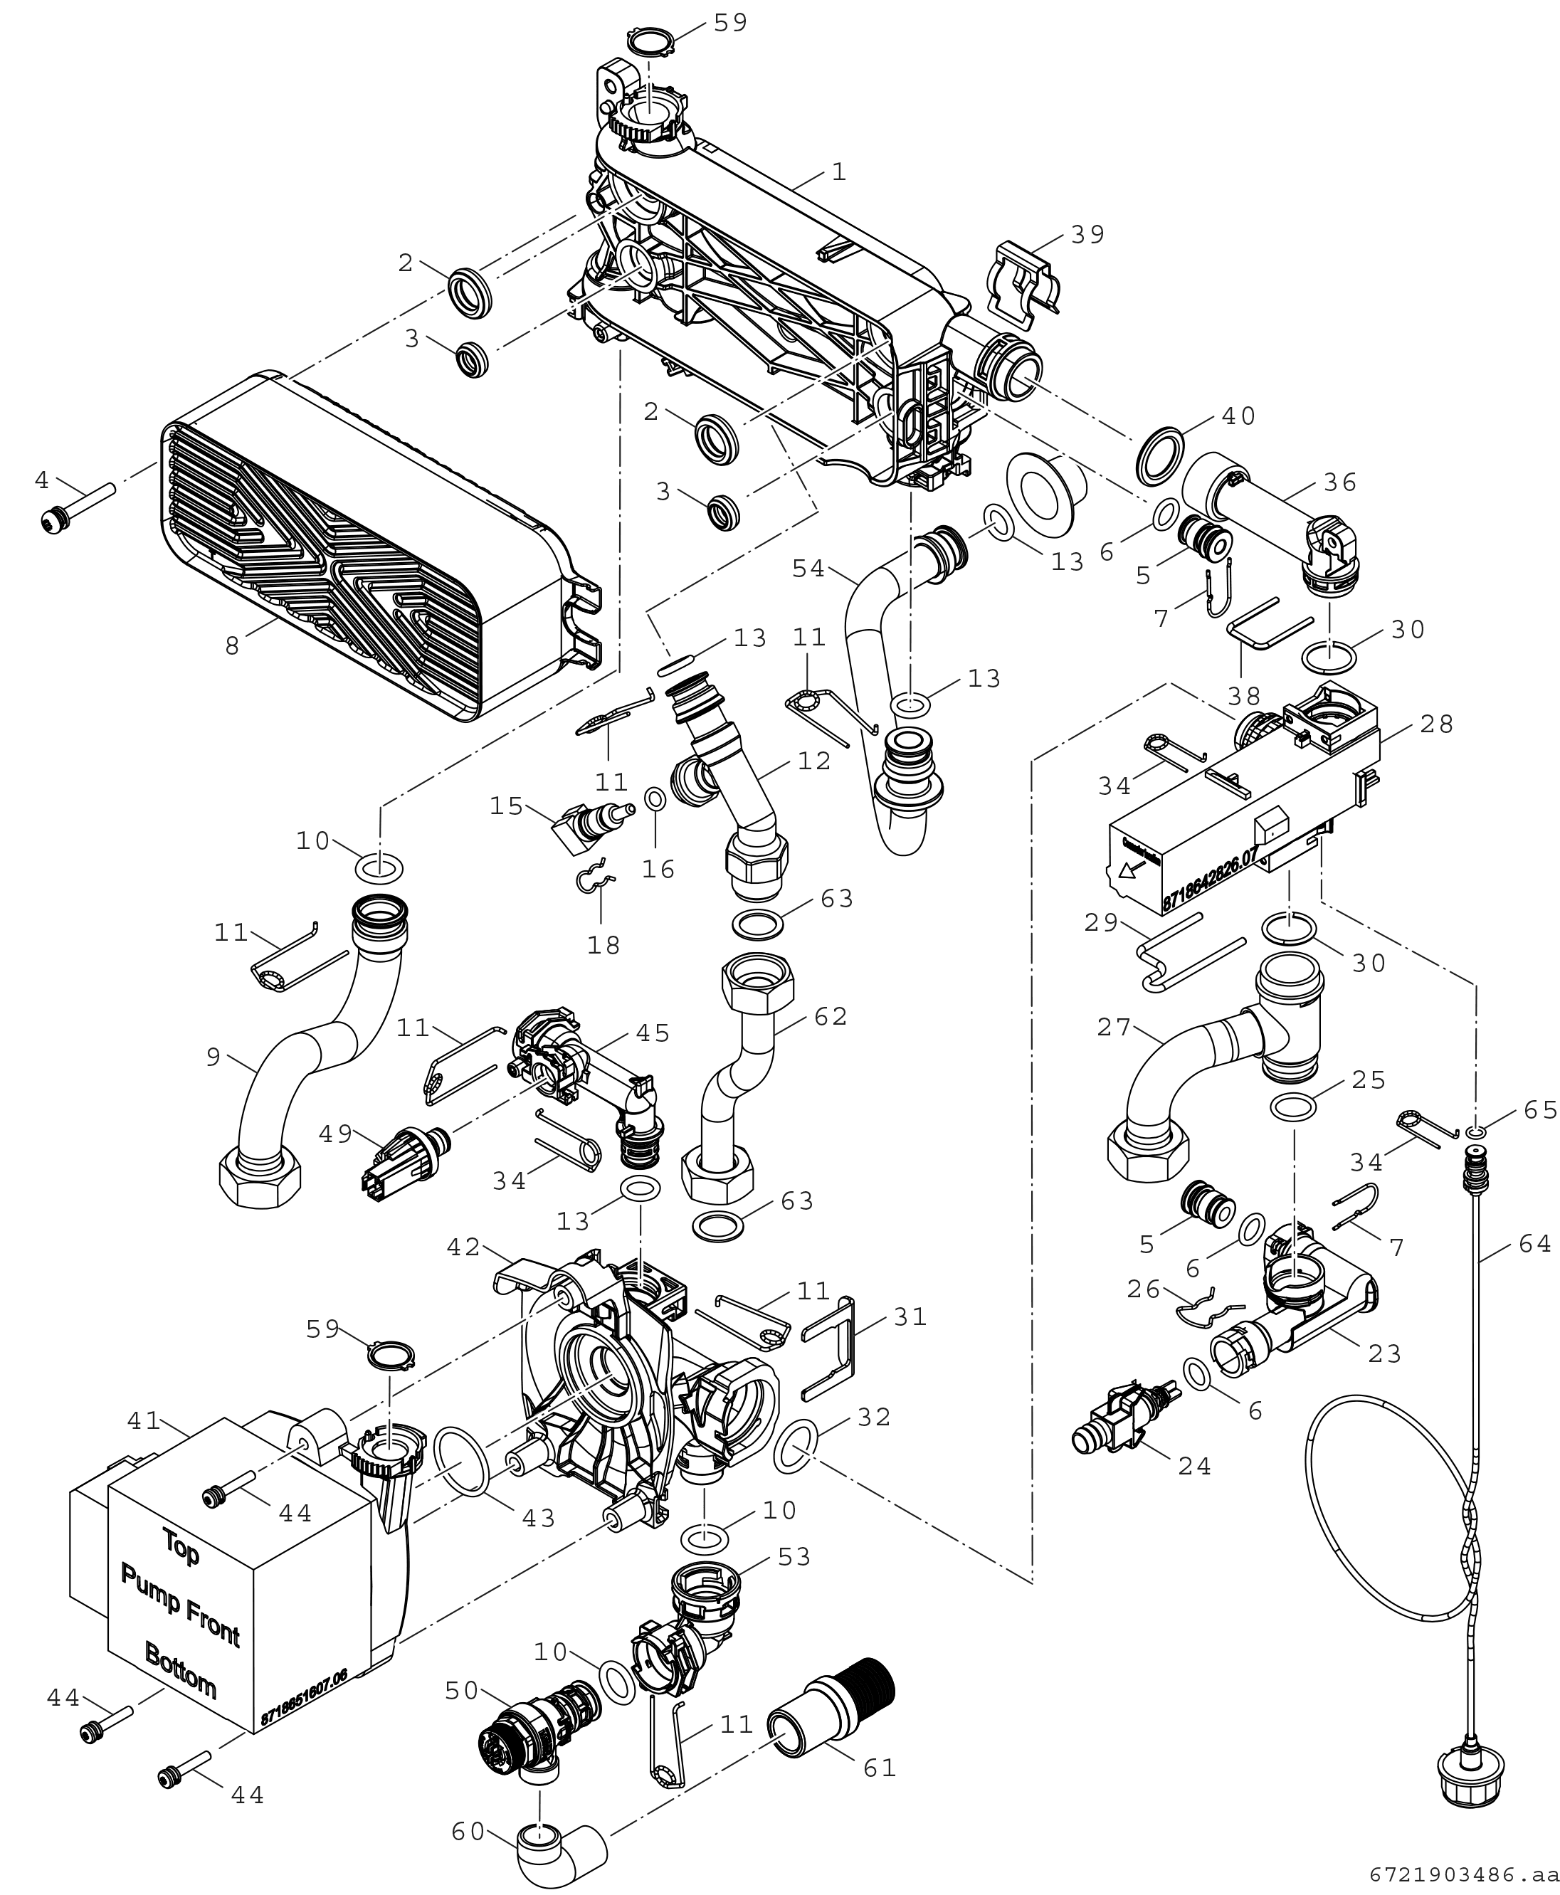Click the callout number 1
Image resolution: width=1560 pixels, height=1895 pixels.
838,171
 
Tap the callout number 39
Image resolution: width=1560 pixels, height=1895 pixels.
1087,235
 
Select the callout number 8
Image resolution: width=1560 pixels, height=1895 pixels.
232,645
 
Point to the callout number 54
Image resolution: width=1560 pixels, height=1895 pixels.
808,568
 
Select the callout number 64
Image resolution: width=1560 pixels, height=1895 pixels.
1534,1244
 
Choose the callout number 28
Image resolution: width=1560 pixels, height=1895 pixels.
1437,724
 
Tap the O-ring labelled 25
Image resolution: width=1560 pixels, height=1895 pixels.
1293,1108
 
